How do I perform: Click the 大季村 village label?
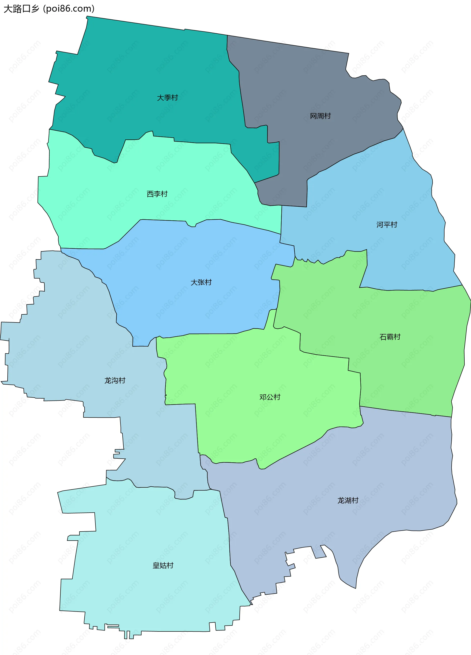point(167,98)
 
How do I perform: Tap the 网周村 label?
point(320,116)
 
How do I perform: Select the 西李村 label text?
point(157,194)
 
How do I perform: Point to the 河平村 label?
point(387,225)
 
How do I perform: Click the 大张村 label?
point(201,282)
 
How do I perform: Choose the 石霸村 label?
point(390,337)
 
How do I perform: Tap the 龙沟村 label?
point(115,380)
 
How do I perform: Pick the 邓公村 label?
point(270,397)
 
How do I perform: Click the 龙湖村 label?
point(348,500)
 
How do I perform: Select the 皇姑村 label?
point(163,565)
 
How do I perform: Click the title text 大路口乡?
point(21,9)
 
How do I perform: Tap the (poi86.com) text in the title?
point(69,9)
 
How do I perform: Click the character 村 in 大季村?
point(175,98)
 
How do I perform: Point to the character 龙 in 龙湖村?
point(341,500)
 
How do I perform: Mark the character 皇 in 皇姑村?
point(156,565)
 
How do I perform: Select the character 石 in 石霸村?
point(383,337)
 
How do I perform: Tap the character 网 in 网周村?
point(314,116)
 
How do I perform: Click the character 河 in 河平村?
point(380,225)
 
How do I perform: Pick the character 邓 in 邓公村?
point(263,397)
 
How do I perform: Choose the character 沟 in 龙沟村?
point(115,380)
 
